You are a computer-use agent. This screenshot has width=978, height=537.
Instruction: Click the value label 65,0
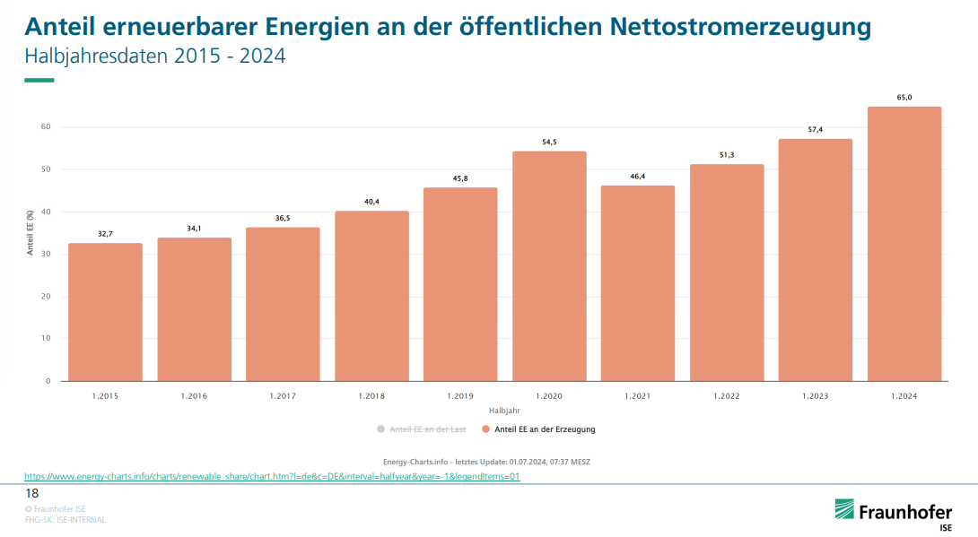coord(904,97)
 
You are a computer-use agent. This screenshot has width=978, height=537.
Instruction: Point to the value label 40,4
coord(371,201)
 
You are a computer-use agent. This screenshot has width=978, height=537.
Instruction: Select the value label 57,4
coord(815,129)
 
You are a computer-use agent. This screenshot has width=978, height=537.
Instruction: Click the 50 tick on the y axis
coord(46,169)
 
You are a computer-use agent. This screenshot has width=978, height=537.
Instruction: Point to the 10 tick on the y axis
coord(46,339)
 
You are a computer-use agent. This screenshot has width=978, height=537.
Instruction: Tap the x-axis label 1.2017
coord(283,395)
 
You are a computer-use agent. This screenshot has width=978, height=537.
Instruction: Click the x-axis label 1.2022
coord(726,395)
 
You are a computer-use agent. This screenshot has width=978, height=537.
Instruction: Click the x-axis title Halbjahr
coord(504,410)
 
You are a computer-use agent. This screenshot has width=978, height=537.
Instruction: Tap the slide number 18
coord(31,494)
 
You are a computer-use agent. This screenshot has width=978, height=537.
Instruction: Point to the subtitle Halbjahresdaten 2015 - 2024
coord(154,56)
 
